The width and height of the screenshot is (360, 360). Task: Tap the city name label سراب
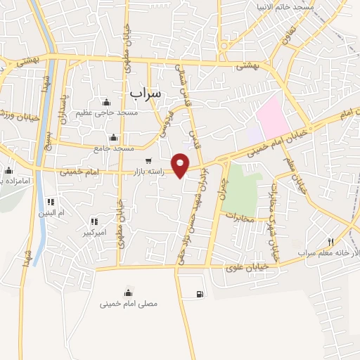146,91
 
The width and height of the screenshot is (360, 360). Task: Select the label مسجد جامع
113,149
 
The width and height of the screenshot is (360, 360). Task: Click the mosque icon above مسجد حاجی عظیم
107,103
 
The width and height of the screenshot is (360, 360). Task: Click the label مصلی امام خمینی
128,304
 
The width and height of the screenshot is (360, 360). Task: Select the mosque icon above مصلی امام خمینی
127,292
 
